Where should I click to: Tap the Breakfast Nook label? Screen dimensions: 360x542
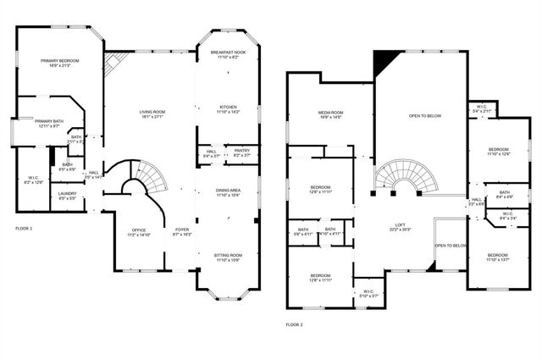[228, 55]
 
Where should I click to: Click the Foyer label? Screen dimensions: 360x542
[182, 231]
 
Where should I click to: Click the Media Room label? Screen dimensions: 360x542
[329, 114]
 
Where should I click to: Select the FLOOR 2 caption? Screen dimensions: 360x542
[293, 324]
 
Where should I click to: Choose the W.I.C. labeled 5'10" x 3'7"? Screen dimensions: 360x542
[369, 294]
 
